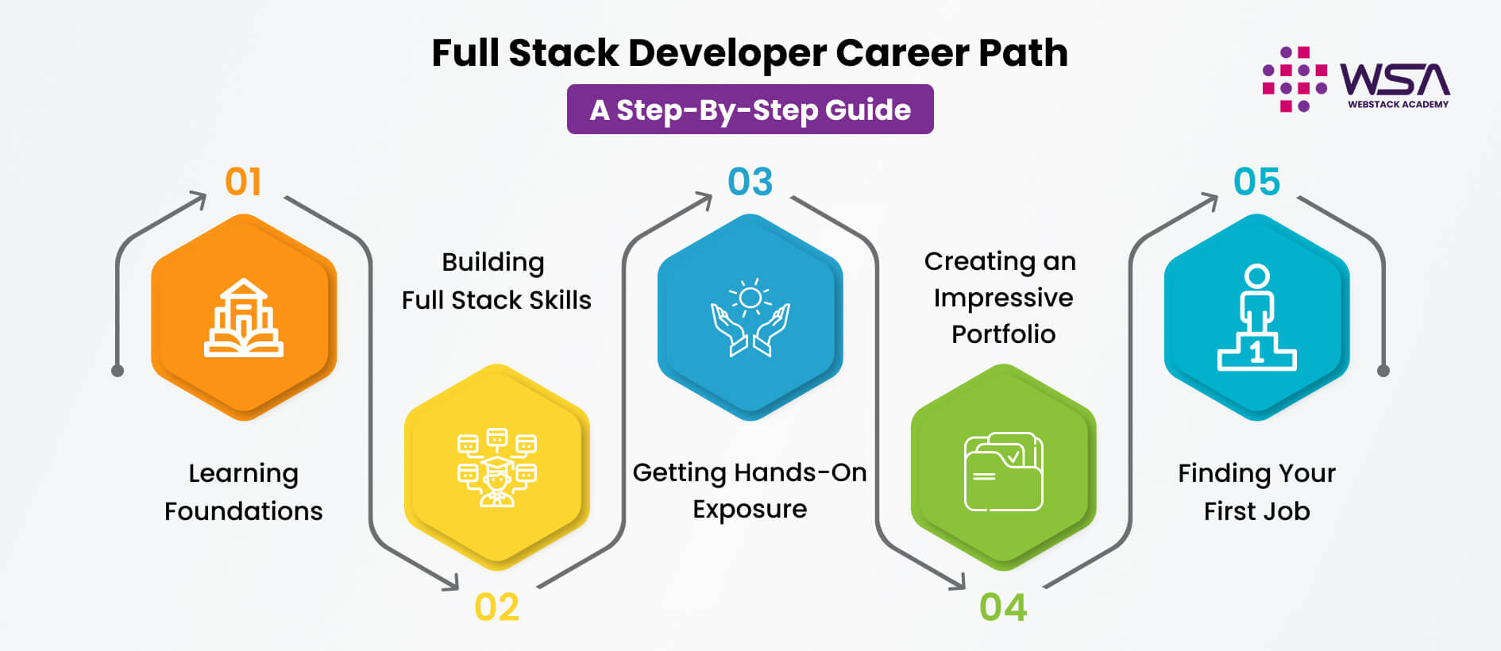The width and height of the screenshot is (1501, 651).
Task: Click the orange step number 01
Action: (x=243, y=182)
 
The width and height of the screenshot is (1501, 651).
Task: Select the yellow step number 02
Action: (x=496, y=607)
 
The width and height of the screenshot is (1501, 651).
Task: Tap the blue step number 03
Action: (x=750, y=182)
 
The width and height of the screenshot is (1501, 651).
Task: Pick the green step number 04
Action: (x=1003, y=607)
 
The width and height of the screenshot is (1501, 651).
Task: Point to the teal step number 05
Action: (x=1256, y=182)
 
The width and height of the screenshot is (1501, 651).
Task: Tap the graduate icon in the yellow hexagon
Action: (x=497, y=468)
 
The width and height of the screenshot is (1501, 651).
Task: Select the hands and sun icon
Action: (x=750, y=318)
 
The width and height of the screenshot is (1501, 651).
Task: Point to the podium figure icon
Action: (x=1256, y=318)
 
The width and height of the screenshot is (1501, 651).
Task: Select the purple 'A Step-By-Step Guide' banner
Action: (x=750, y=110)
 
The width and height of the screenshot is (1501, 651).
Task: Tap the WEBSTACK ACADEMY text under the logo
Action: (x=1398, y=104)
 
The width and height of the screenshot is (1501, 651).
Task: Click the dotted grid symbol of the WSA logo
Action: (x=1295, y=79)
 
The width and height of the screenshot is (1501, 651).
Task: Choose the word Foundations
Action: (x=244, y=510)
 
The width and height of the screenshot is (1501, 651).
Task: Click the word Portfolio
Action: (x=1003, y=334)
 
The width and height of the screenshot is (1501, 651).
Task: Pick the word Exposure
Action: (x=750, y=509)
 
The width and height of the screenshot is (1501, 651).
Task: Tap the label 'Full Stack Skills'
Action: (x=496, y=300)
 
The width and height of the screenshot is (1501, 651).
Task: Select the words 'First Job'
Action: (x=1256, y=510)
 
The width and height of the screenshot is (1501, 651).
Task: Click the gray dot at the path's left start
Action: (x=118, y=371)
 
